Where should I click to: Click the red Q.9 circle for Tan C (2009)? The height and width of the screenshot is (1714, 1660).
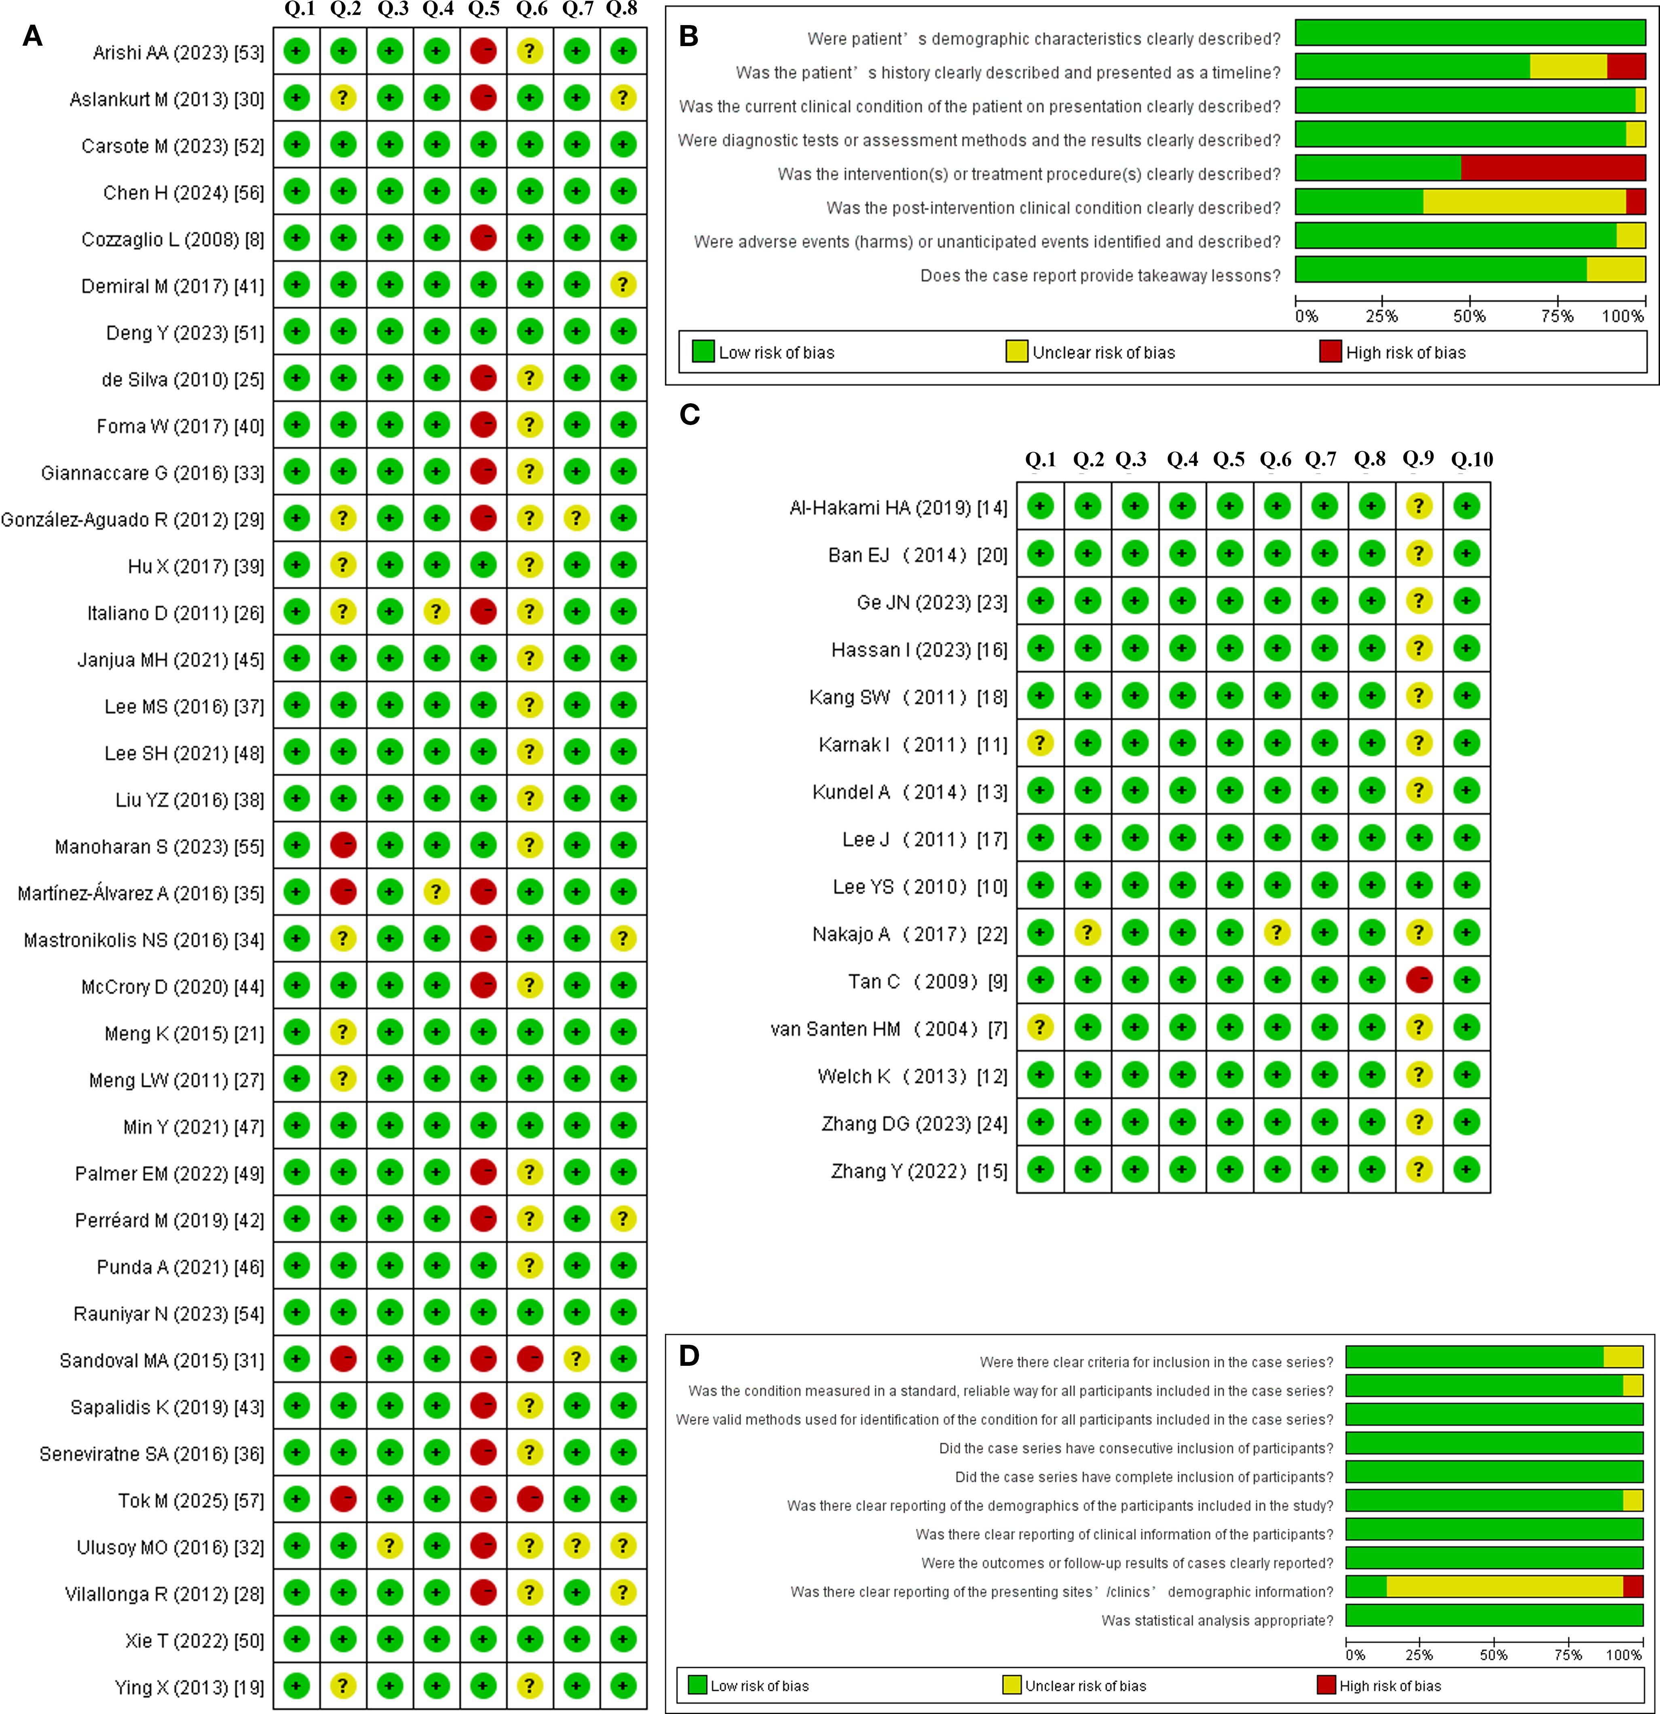(1419, 980)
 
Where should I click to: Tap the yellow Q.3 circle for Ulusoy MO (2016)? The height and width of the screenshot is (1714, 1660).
(390, 1546)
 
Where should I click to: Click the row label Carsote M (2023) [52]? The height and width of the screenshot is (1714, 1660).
(172, 146)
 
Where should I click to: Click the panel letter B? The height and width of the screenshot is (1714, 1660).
(689, 37)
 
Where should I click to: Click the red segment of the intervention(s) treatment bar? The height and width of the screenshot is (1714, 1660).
(1552, 168)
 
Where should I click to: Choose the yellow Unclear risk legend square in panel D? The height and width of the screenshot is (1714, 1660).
(1012, 1685)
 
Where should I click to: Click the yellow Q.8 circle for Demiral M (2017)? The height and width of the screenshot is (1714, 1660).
(622, 284)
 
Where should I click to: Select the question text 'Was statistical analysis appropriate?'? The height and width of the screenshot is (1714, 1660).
(1217, 1621)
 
